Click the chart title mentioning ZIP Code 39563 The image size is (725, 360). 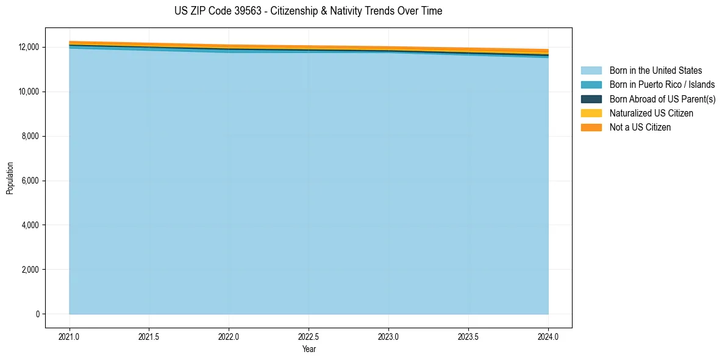pyautogui.click(x=308, y=11)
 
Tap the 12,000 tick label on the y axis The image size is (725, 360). pyautogui.click(x=28, y=47)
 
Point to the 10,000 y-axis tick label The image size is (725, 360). pyautogui.click(x=28, y=92)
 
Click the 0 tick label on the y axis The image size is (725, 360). pyautogui.click(x=37, y=314)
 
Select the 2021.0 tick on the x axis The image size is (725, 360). pyautogui.click(x=69, y=336)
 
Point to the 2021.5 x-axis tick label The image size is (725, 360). pyautogui.click(x=149, y=336)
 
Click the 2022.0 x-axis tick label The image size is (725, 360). pyautogui.click(x=229, y=336)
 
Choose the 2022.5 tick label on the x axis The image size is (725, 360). pyautogui.click(x=309, y=336)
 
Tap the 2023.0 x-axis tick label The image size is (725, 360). pyautogui.click(x=388, y=336)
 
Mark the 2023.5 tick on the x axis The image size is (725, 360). pyautogui.click(x=468, y=336)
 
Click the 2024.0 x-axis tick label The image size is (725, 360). pyautogui.click(x=548, y=336)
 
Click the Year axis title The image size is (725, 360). pyautogui.click(x=309, y=349)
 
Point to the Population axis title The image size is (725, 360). pyautogui.click(x=10, y=178)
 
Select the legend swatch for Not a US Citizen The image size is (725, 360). pyautogui.click(x=591, y=128)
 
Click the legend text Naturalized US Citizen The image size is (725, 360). pyautogui.click(x=651, y=113)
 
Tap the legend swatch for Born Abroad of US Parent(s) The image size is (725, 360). pyautogui.click(x=591, y=99)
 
